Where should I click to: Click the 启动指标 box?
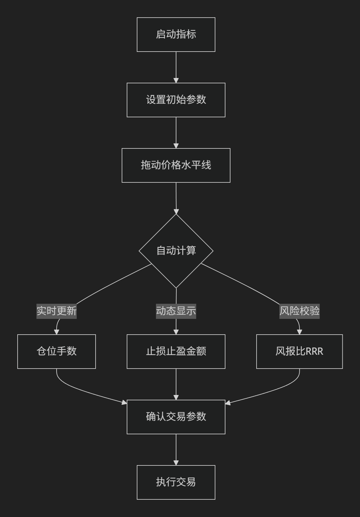[176, 34]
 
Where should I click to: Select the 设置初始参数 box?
[176, 100]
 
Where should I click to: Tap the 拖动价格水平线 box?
[176, 165]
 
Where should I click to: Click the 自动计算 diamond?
[176, 251]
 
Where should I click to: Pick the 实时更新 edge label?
[57, 311]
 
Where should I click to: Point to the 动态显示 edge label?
[176, 311]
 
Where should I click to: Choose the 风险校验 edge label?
[300, 311]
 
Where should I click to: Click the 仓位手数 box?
[57, 352]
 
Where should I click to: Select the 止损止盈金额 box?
[176, 352]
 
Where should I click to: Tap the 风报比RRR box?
[300, 352]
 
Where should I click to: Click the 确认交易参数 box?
[176, 417]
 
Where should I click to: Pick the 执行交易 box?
[176, 482]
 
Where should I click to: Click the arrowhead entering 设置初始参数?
[176, 80]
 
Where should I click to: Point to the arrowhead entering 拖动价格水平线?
[176, 146]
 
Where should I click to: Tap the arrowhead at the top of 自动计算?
[176, 211]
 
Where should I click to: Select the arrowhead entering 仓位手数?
[57, 332]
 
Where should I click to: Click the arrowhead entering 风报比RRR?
[300, 332]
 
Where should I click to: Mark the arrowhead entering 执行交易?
[176, 463]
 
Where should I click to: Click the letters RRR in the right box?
[314, 352]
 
